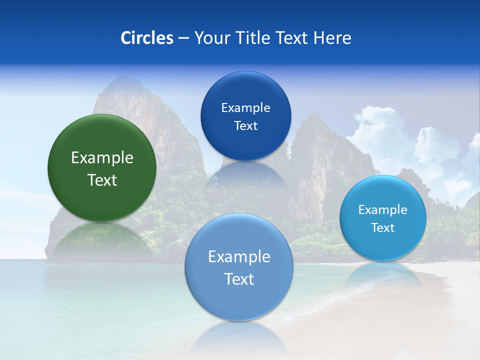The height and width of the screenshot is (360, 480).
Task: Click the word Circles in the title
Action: [x=147, y=38]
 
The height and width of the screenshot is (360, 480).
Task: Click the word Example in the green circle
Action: [x=102, y=158]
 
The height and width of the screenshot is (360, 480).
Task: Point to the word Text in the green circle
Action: [x=102, y=180]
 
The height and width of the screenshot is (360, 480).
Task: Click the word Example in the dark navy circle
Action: [x=245, y=108]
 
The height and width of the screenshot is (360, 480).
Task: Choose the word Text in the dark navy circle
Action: [x=245, y=126]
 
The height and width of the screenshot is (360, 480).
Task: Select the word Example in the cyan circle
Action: [x=383, y=210]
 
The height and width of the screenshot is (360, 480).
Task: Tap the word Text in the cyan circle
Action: [x=383, y=228]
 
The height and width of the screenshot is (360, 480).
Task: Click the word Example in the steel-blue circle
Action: [x=239, y=257]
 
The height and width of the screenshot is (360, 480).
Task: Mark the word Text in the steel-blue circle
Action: [x=239, y=279]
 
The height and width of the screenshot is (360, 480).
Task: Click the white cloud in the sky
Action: [x=380, y=130]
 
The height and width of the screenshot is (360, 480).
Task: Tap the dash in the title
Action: [x=183, y=38]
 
